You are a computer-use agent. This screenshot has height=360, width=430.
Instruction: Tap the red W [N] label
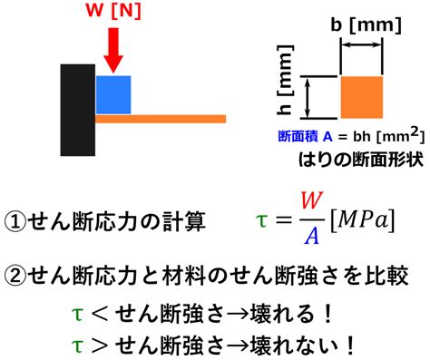coord(113,11)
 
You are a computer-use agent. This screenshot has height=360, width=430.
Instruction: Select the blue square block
coord(113,95)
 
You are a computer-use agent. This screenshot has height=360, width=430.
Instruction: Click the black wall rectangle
coord(78,110)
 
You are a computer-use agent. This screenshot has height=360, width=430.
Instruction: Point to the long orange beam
coord(161,119)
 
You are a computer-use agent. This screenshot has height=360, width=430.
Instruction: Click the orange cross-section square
coord(362,97)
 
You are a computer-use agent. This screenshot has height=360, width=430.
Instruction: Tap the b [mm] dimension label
coord(366,25)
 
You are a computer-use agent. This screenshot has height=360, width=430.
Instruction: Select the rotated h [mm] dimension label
coord(285,80)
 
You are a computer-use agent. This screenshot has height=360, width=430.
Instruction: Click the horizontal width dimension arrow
coord(362,44)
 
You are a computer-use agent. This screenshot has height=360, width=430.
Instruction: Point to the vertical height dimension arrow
coord(308,97)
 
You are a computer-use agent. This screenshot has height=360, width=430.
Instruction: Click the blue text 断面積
coord(298,137)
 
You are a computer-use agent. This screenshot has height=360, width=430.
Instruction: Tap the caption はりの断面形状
coord(360,159)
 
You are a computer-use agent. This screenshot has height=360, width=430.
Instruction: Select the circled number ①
coord(15,222)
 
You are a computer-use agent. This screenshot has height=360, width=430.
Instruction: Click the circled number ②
coord(15,276)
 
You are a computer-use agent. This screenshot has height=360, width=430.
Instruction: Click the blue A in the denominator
coord(312,236)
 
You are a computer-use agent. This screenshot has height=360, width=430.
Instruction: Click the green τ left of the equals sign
coord(261,220)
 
